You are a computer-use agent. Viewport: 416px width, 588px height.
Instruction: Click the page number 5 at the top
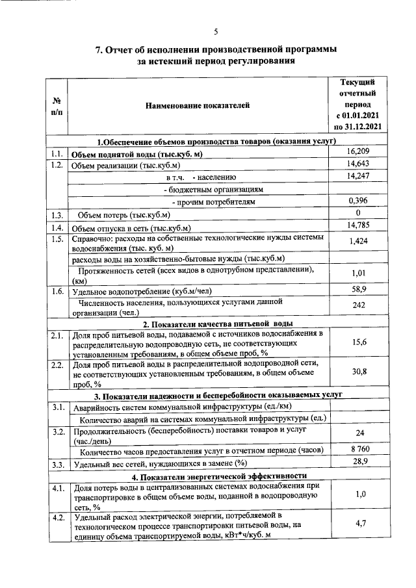coord(215,31)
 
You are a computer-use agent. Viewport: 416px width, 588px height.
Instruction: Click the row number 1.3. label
coord(57,214)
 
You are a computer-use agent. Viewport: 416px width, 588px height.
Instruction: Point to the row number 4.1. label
coord(57,486)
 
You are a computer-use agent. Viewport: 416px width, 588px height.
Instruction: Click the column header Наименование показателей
coord(197,105)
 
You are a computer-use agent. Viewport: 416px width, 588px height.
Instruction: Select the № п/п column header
coord(57,106)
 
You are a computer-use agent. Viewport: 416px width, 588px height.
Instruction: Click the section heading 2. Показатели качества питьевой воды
coord(217,323)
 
